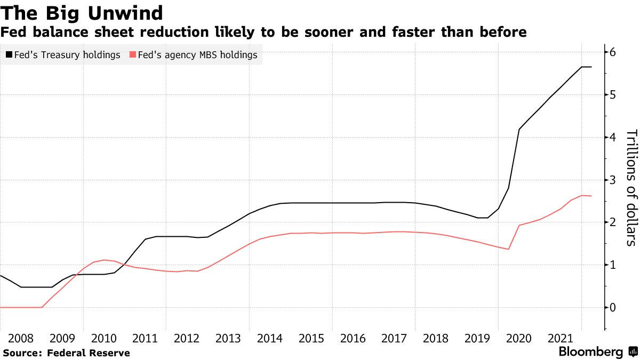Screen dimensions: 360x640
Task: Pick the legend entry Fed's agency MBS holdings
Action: pyautogui.click(x=197, y=55)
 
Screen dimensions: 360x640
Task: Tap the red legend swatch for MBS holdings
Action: pyautogui.click(x=133, y=55)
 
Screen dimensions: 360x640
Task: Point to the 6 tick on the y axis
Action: pyautogui.click(x=613, y=52)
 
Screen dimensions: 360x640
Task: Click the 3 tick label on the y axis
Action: pyautogui.click(x=613, y=180)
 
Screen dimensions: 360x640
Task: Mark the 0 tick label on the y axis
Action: pyautogui.click(x=613, y=308)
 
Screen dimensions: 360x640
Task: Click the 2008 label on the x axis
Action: pyautogui.click(x=21, y=338)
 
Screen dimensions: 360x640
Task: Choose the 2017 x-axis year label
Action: pyautogui.click(x=395, y=338)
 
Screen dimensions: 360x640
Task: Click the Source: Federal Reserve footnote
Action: pyautogui.click(x=67, y=353)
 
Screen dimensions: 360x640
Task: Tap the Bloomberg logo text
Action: pyautogui.click(x=590, y=352)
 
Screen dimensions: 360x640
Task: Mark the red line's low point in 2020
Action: pyautogui.click(x=508, y=249)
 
